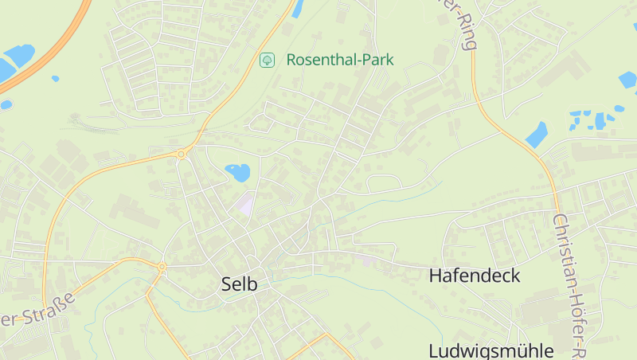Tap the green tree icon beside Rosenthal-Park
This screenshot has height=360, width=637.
[268, 60]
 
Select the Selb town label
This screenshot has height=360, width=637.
[240, 284]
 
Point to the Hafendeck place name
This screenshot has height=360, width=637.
[475, 276]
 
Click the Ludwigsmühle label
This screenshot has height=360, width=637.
[490, 351]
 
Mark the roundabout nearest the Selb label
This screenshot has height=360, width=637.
[162, 267]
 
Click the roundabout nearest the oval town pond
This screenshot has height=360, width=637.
[182, 154]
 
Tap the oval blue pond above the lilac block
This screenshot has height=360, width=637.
[237, 171]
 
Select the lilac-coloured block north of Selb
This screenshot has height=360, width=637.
[245, 204]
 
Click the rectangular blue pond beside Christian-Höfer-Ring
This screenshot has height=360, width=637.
[537, 135]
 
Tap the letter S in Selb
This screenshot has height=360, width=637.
[227, 284]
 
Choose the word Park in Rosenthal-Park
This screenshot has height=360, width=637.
[376, 60]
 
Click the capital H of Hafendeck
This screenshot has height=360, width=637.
[436, 276]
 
